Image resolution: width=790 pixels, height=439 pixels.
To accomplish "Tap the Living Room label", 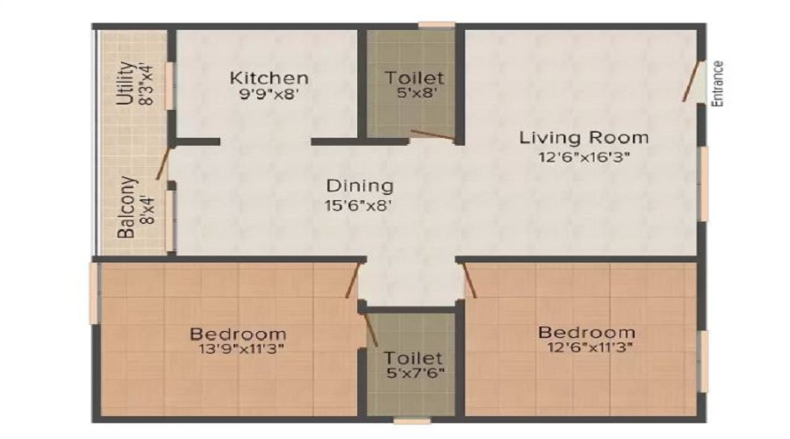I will [584, 138].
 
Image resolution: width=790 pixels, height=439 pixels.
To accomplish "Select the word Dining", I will [359, 186].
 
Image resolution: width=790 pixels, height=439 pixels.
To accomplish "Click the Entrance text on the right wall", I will [717, 84].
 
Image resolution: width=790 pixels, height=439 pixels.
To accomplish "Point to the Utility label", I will [125, 83].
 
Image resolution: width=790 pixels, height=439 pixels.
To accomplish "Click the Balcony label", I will [126, 208].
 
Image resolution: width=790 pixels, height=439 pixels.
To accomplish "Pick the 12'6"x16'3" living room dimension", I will [584, 158].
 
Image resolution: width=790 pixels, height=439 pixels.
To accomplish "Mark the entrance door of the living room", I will [693, 82].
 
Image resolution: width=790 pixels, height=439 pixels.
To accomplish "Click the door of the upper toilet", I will [431, 135].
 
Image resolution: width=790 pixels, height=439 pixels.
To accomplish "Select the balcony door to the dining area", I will [162, 165].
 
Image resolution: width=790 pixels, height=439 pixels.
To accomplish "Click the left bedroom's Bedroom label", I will [238, 334].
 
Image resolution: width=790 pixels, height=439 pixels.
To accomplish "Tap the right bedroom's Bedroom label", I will [586, 332].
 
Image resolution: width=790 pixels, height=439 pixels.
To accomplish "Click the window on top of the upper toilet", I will [436, 24].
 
